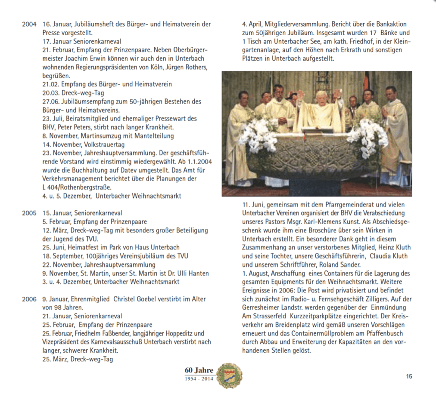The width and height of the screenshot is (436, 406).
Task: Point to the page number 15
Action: tap(409, 376)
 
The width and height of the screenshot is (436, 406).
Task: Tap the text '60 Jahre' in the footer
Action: tap(199, 371)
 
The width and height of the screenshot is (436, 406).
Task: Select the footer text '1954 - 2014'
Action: tap(199, 378)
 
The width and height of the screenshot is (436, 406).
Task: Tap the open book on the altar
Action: tap(318, 129)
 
